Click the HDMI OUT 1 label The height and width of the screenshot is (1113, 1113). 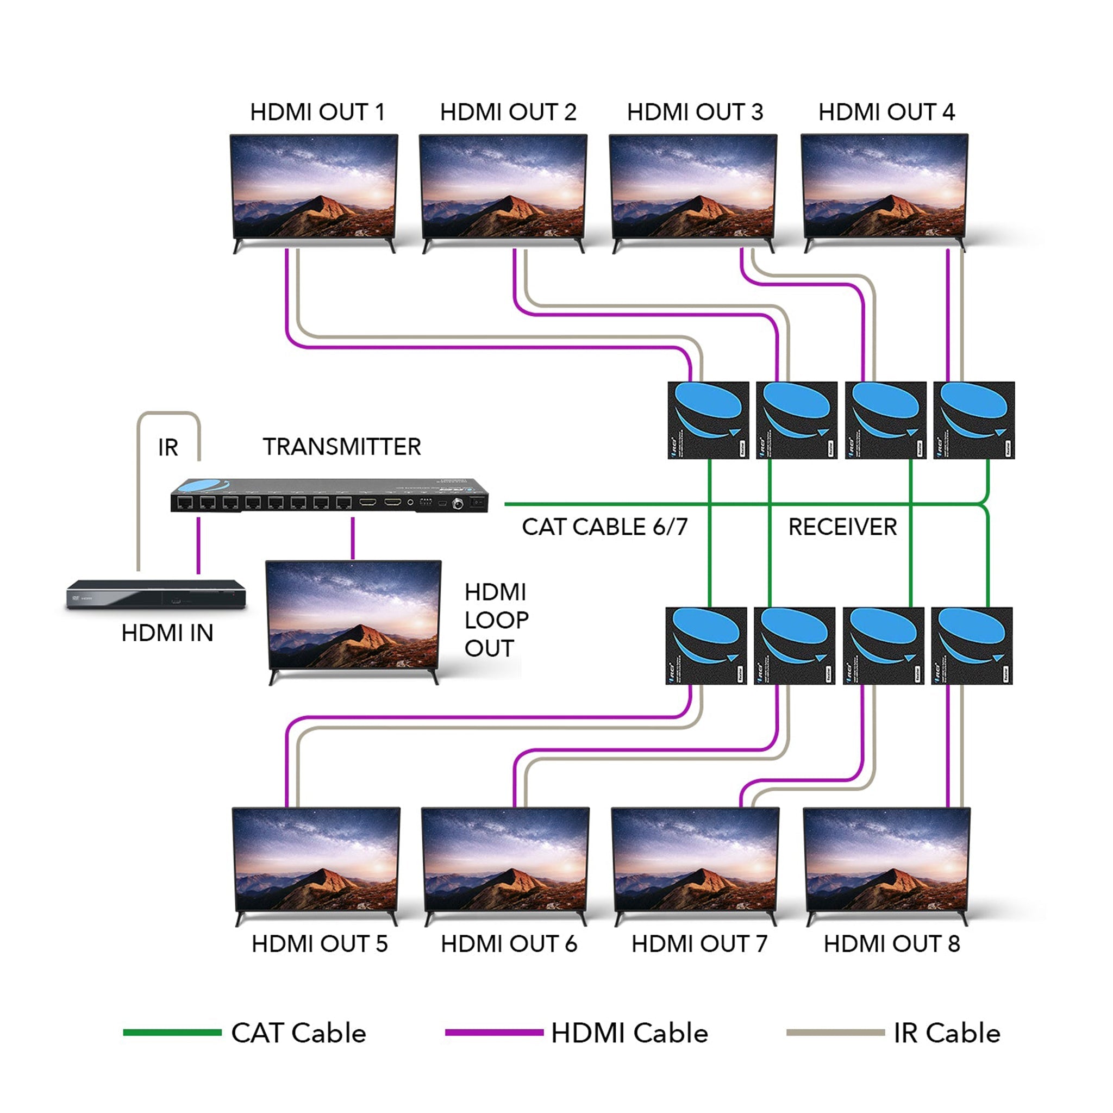(317, 112)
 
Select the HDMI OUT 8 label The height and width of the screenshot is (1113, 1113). (891, 943)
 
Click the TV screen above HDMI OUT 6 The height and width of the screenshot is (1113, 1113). (505, 859)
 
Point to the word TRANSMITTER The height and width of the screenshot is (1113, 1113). (342, 447)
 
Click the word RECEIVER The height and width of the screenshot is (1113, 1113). (842, 527)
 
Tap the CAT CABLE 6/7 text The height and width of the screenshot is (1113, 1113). (604, 527)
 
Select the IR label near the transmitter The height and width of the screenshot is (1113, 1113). (168, 448)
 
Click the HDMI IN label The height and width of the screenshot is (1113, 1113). (167, 633)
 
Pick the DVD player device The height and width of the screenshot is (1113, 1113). (156, 595)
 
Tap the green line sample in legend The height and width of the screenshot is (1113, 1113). (172, 1033)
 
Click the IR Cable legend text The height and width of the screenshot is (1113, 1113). (947, 1034)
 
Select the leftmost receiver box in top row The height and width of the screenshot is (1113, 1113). (708, 420)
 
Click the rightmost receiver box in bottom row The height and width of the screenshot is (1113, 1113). (971, 645)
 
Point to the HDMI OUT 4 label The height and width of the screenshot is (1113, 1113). (886, 112)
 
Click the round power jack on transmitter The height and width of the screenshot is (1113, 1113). (459, 503)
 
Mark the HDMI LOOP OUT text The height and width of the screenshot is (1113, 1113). (496, 620)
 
